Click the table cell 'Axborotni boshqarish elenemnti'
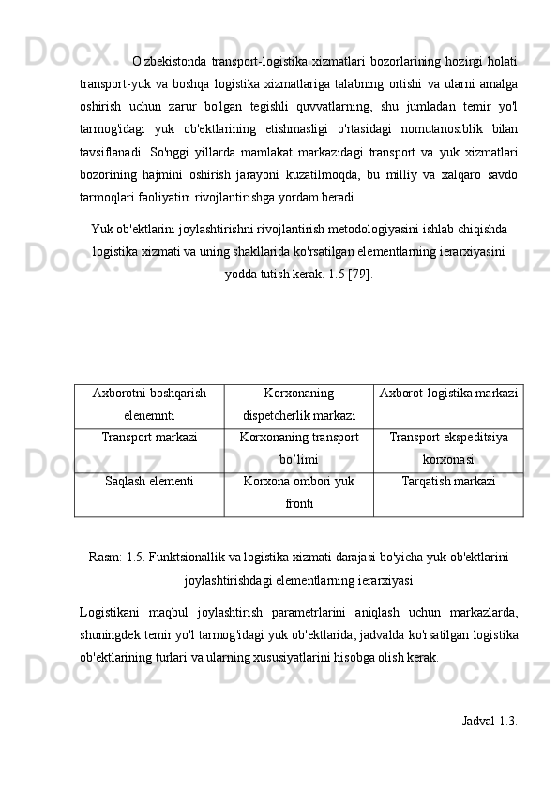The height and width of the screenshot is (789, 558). (149, 405)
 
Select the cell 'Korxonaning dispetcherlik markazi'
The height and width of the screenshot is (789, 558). (298, 405)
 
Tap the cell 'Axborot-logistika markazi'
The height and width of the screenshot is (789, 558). (448, 395)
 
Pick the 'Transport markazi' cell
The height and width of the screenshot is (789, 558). (149, 438)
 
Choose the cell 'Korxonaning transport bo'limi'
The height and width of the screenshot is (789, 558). (298, 449)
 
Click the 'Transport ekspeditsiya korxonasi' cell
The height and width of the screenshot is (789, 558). (448, 449)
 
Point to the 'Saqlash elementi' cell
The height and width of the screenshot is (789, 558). (149, 482)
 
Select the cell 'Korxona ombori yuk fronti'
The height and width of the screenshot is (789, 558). (298, 492)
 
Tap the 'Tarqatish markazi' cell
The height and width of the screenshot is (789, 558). (448, 482)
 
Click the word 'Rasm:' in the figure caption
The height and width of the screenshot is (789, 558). (105, 558)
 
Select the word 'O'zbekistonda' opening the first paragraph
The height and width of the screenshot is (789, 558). (173, 61)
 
